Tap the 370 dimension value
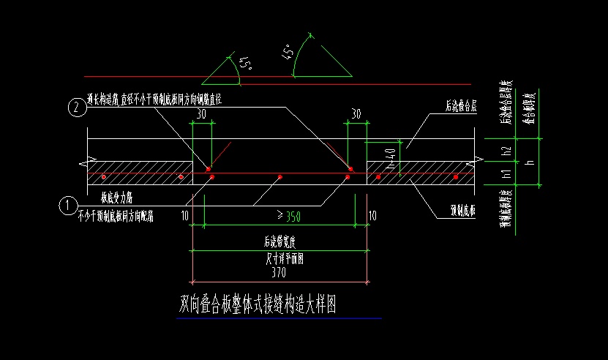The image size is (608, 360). pyautogui.click(x=278, y=273)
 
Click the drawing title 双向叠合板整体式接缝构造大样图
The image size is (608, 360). pyautogui.click(x=258, y=304)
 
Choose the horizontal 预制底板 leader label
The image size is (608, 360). pyautogui.click(x=462, y=212)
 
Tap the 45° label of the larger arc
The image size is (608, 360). pyautogui.click(x=290, y=52)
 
